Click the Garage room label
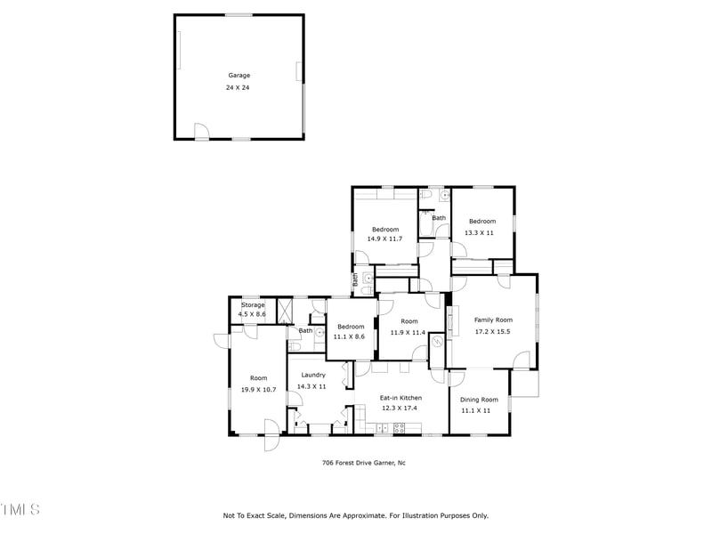(239, 76)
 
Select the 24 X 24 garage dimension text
(239, 88)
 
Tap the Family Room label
(492, 320)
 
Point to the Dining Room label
(479, 400)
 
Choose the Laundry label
(312, 375)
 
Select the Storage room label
(253, 305)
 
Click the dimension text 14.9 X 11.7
(385, 239)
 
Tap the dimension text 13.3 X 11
(479, 233)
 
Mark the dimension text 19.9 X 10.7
(258, 390)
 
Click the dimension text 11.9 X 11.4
(409, 333)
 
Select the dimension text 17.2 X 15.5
(492, 332)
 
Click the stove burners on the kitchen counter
(400, 428)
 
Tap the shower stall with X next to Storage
(285, 311)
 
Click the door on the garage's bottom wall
(202, 133)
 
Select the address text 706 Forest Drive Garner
(363, 463)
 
